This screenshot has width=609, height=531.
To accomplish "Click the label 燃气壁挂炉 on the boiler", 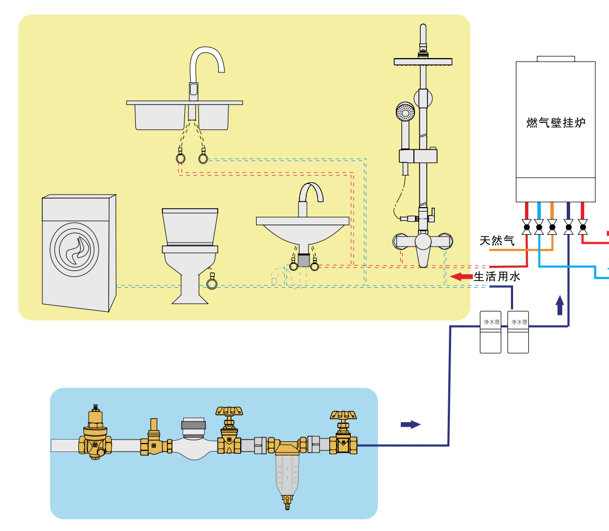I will coord(555,122).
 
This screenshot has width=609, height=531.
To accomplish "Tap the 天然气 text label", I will coord(497,241).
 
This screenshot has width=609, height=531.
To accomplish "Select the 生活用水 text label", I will coord(496,277).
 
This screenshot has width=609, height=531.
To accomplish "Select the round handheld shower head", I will coord(404,112).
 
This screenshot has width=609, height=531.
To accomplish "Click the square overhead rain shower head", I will coord(423,61).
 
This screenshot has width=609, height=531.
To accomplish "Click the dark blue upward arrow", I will coord(559,305).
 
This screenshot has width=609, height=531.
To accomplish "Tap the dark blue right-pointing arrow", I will coord(411,424).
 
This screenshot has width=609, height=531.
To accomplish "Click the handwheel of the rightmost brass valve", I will coord(343,415).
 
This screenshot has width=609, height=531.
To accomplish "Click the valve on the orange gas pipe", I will coord(552,228).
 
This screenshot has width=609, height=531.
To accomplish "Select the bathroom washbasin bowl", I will coord(302,231).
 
